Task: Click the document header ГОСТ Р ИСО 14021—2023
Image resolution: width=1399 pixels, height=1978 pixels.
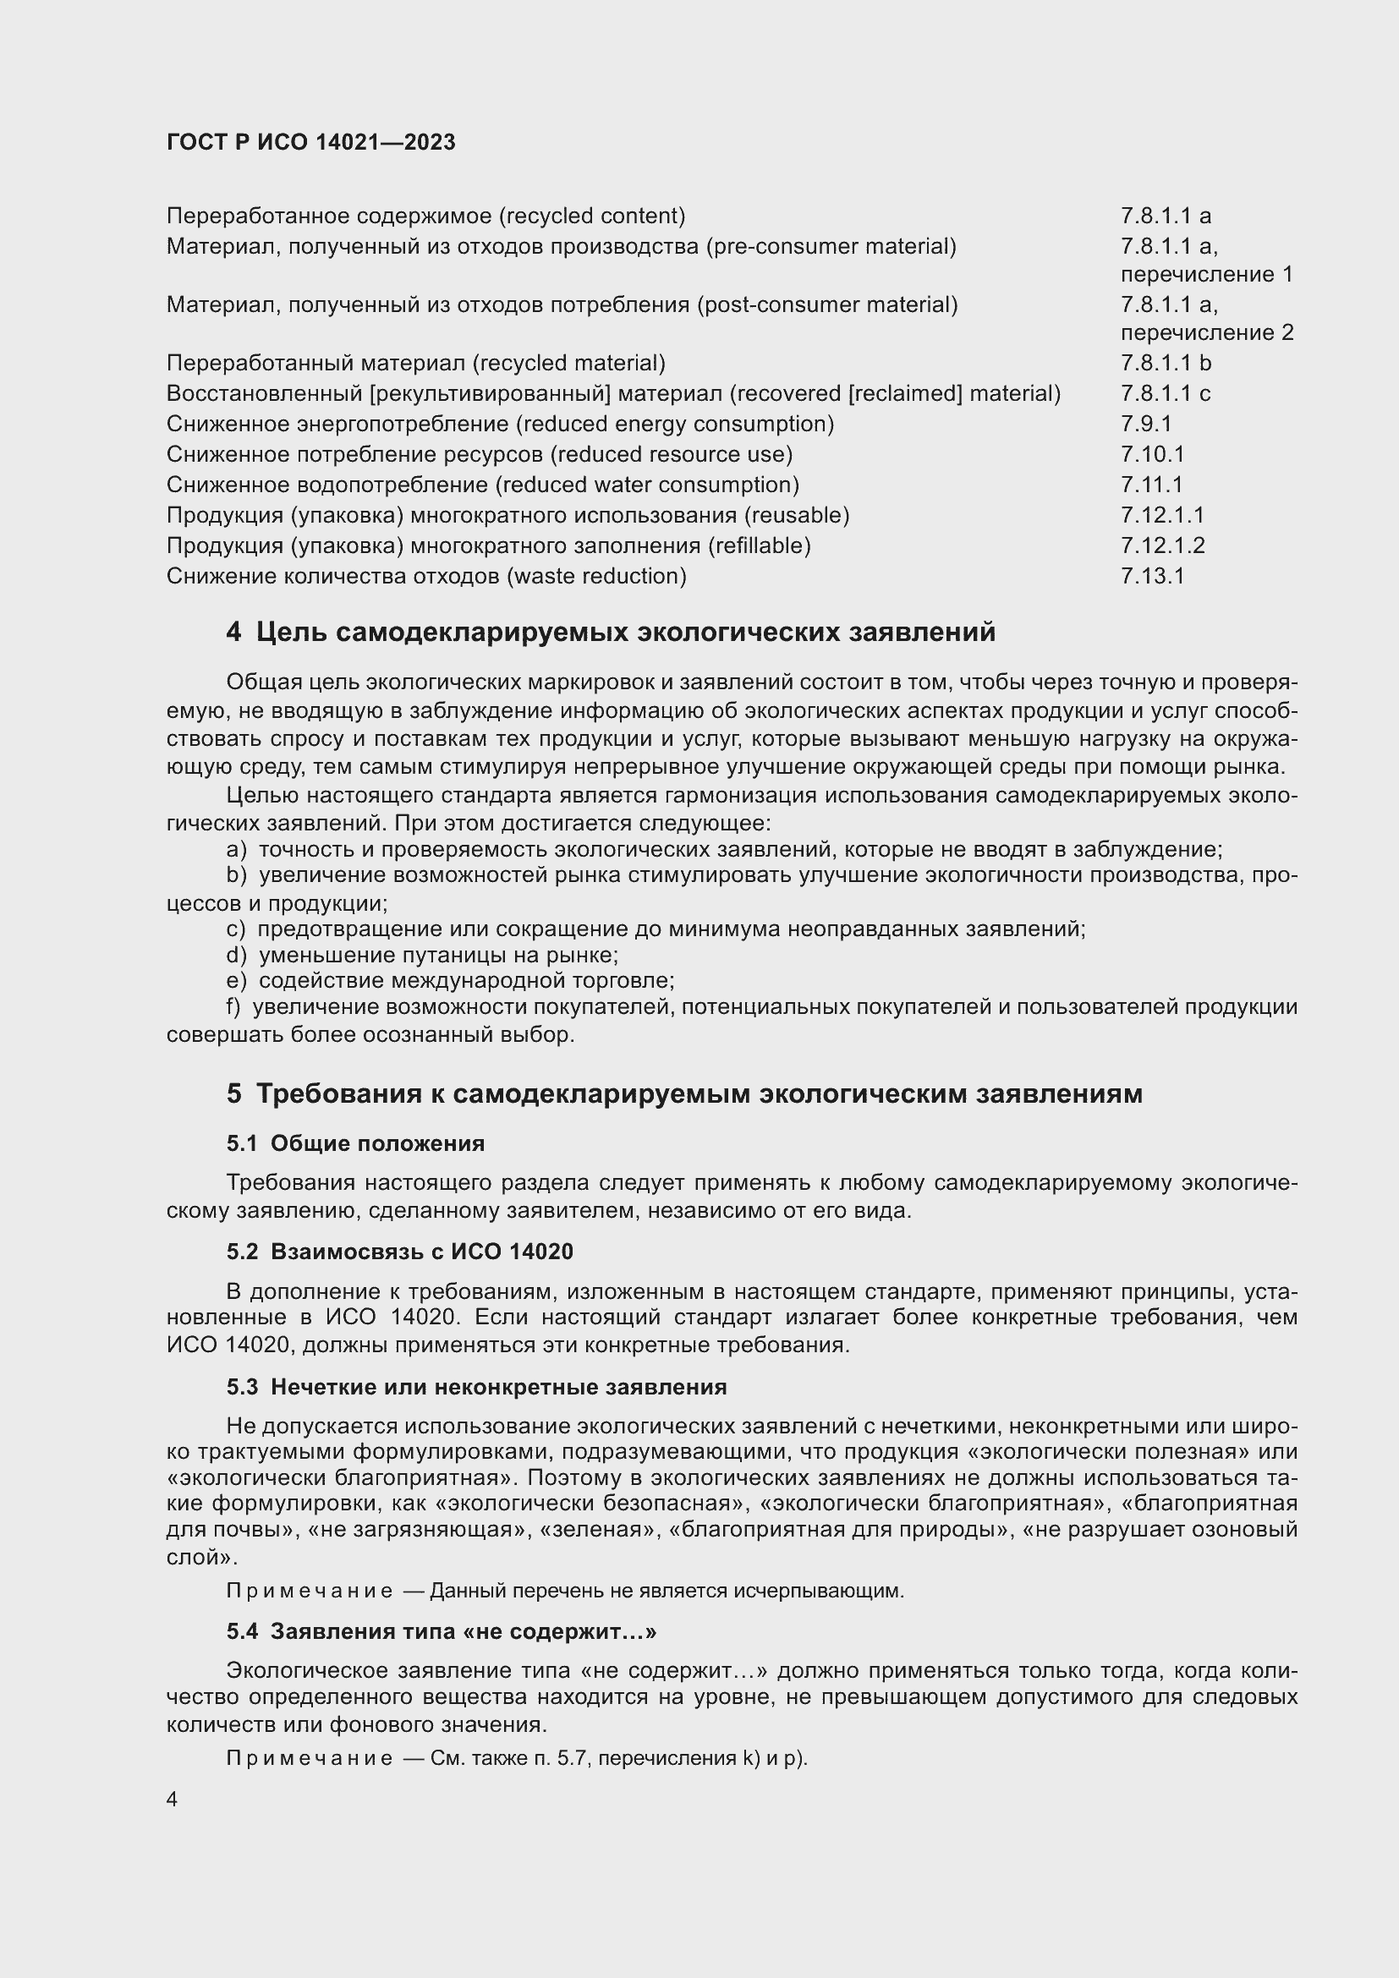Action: point(311,142)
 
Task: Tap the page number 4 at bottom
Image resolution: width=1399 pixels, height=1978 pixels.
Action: point(173,1800)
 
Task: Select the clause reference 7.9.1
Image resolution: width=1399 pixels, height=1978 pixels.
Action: point(1146,424)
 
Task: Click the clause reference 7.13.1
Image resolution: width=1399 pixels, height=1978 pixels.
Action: point(1152,577)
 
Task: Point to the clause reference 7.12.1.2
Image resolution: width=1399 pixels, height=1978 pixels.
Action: point(1162,545)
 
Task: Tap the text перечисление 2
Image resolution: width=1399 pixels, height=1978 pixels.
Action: point(1206,332)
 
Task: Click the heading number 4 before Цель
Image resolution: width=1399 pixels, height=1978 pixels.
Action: point(233,633)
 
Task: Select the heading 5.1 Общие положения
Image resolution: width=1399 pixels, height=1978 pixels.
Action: point(356,1143)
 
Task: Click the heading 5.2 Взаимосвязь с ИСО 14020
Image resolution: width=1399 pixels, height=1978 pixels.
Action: point(400,1251)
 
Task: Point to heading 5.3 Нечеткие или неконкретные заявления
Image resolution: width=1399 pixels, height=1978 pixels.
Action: point(476,1387)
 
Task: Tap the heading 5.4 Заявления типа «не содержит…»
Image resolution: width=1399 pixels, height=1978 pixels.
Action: point(441,1631)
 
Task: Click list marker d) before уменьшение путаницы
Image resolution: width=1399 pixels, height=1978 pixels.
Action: point(236,956)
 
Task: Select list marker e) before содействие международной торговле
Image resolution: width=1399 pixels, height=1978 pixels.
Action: point(236,981)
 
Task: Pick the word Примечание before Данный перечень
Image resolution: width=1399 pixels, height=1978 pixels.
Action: point(310,1592)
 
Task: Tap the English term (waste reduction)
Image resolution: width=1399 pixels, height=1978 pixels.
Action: point(597,577)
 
